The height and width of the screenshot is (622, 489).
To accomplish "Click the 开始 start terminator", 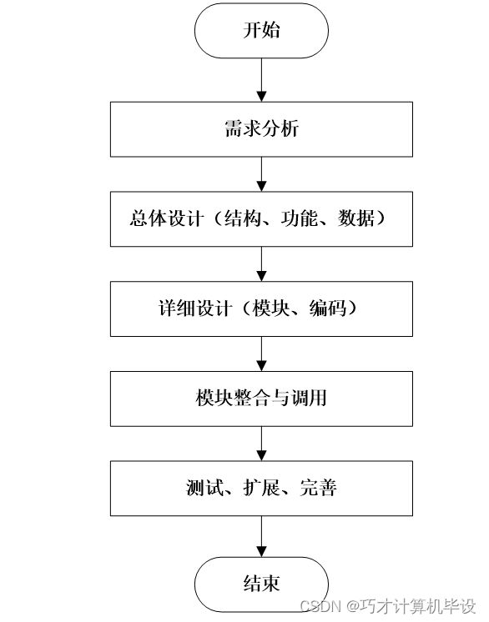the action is tap(261, 31).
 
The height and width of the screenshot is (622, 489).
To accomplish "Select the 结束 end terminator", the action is tap(261, 584).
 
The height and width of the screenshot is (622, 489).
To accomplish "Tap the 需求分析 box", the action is tap(261, 129).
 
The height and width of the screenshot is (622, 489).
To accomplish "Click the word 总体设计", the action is tap(167, 218).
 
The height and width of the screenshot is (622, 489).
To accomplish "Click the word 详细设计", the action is tap(195, 308).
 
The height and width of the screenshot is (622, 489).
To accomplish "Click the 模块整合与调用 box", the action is tap(261, 399).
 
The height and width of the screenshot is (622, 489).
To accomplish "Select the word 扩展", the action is tap(261, 488).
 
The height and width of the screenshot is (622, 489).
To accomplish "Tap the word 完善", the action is tap(318, 488).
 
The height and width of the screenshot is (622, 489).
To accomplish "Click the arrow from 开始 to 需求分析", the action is tap(261, 80).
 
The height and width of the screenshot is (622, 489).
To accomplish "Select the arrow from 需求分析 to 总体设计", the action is tap(261, 174).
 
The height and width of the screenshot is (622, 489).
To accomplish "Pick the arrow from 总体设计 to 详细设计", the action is tap(261, 264).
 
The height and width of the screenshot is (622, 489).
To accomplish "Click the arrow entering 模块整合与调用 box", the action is tap(261, 354).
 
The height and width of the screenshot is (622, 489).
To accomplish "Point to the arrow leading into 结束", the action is tap(261, 536).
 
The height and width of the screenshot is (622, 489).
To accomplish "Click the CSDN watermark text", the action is tap(388, 606).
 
